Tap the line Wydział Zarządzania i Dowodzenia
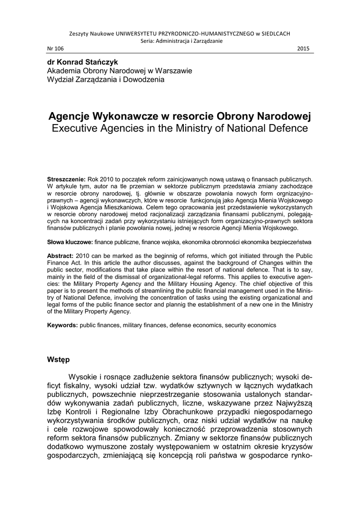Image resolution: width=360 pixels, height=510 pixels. point(105,79)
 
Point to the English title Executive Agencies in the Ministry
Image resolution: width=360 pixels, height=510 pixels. point(179,128)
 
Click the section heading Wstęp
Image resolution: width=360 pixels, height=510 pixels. point(58,359)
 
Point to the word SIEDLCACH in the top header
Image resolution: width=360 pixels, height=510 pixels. point(273,33)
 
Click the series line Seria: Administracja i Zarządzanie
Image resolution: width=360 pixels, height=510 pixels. point(179,41)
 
